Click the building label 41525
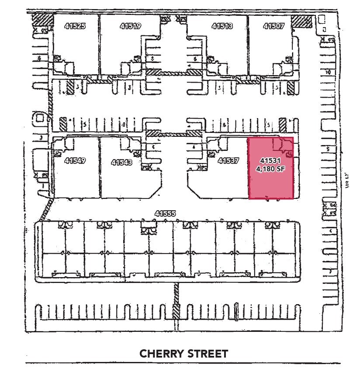(x=75, y=26)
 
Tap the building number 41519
(x=130, y=26)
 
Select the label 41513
(x=222, y=26)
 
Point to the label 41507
(x=274, y=26)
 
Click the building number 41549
(x=75, y=160)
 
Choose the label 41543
(x=122, y=162)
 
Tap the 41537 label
(x=228, y=160)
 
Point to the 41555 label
(x=165, y=213)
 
